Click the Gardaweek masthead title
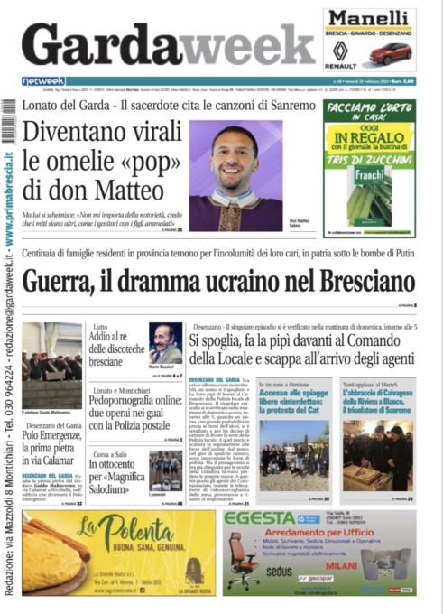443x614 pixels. pos(168,43)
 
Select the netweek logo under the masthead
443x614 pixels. pos(43,81)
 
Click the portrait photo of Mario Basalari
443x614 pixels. pos(165,342)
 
